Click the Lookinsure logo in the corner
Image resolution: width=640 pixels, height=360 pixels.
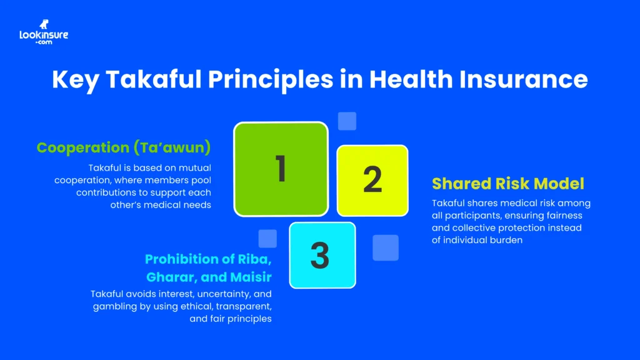click(44, 32)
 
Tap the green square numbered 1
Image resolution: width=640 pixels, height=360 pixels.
click(281, 168)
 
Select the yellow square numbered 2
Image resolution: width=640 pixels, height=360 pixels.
click(372, 180)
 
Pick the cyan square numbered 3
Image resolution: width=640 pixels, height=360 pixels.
click(322, 255)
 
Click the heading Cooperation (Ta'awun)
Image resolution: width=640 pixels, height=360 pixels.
click(124, 148)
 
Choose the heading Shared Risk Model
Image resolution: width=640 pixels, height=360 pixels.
click(507, 184)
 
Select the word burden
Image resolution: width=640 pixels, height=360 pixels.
click(504, 240)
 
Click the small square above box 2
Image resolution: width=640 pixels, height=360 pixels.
click(347, 121)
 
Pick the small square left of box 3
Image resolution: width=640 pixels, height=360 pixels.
click(267, 238)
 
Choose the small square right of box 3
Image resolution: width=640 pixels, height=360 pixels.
click(386, 247)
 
